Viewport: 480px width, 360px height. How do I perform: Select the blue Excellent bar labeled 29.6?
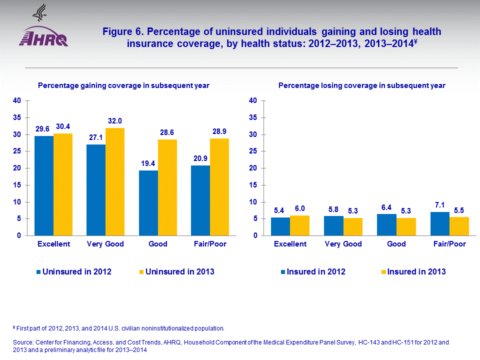pyautogui.click(x=44, y=185)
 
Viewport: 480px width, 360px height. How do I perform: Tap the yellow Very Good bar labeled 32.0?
pyautogui.click(x=115, y=181)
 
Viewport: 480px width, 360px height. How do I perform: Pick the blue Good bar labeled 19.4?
pyautogui.click(x=148, y=202)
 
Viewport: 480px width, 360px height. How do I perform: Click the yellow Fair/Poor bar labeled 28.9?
pyautogui.click(x=219, y=186)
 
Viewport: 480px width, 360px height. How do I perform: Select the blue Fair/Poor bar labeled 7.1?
pyautogui.click(x=440, y=223)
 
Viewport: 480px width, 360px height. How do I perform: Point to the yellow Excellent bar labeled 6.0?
pyautogui.click(x=300, y=225)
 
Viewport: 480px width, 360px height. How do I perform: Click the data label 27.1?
pyautogui.click(x=96, y=136)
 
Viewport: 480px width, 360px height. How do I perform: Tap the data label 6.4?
pyautogui.click(x=386, y=206)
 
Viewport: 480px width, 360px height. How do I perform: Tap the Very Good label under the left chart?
pyautogui.click(x=105, y=244)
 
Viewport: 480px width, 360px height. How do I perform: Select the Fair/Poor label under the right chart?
pyautogui.click(x=448, y=244)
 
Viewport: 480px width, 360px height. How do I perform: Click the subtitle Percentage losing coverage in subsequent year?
pyautogui.click(x=361, y=85)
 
